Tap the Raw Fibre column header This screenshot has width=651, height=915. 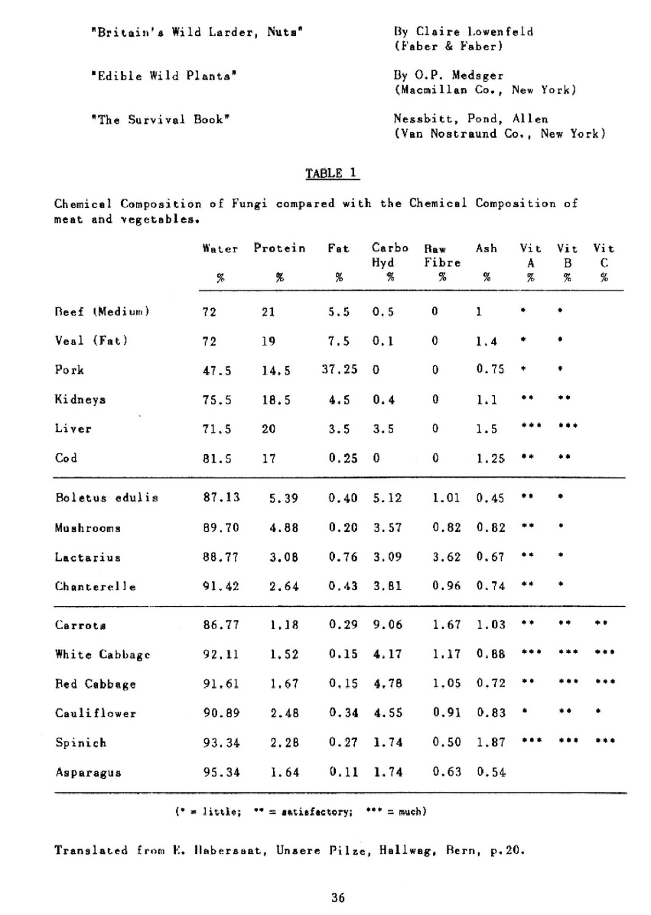tap(442, 255)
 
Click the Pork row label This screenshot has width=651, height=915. tap(69, 369)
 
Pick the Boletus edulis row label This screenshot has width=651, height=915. tap(106, 498)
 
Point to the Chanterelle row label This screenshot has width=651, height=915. tap(96, 586)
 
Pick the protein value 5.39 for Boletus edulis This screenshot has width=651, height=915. tap(283, 498)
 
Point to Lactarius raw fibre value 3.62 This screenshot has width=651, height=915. tap(445, 556)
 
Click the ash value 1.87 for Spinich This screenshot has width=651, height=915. tap(490, 742)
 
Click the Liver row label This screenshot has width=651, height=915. tap(73, 428)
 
